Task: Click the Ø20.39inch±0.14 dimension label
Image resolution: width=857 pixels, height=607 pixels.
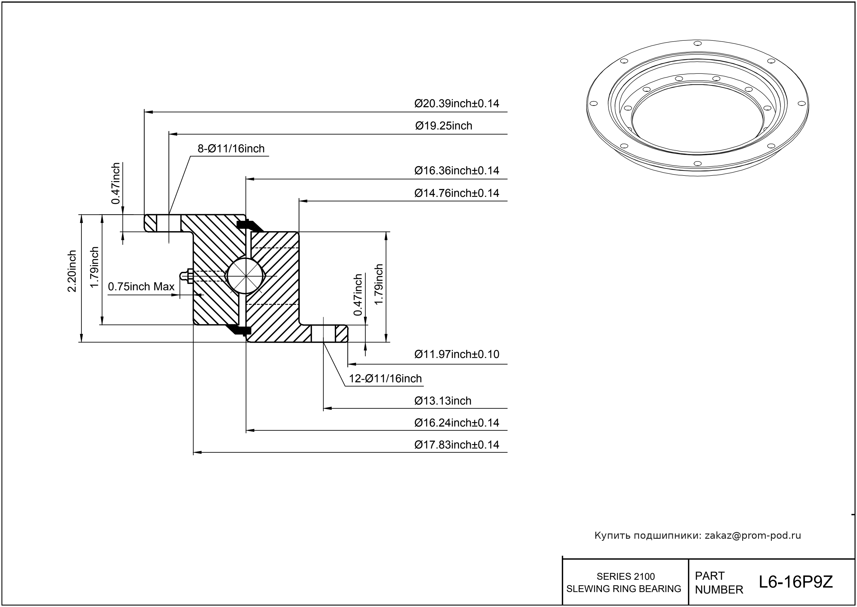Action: click(456, 103)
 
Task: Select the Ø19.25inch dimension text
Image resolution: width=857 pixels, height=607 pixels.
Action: click(444, 126)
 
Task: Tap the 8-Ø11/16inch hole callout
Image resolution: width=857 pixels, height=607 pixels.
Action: click(231, 149)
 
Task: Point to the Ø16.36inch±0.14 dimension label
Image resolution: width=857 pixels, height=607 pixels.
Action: click(456, 171)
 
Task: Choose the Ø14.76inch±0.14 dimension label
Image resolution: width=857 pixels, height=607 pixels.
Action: click(456, 193)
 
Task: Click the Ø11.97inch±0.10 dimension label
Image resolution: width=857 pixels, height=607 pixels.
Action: click(456, 354)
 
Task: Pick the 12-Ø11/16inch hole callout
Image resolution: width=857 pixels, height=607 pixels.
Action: click(385, 378)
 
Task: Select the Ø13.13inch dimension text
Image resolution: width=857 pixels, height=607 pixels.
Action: click(443, 401)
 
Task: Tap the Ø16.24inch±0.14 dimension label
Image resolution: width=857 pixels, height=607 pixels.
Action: click(456, 423)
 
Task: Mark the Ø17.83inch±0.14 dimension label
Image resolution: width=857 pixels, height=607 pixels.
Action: click(456, 445)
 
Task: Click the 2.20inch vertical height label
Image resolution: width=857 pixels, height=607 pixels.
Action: click(72, 271)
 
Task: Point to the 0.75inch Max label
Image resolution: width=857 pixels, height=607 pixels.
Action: click(141, 287)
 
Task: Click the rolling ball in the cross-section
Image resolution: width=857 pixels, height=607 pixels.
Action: click(245, 276)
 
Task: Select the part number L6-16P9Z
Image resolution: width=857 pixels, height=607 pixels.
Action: click(795, 582)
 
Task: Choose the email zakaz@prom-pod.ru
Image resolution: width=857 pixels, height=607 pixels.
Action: click(752, 536)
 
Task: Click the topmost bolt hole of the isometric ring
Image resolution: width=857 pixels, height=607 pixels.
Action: click(697, 43)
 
